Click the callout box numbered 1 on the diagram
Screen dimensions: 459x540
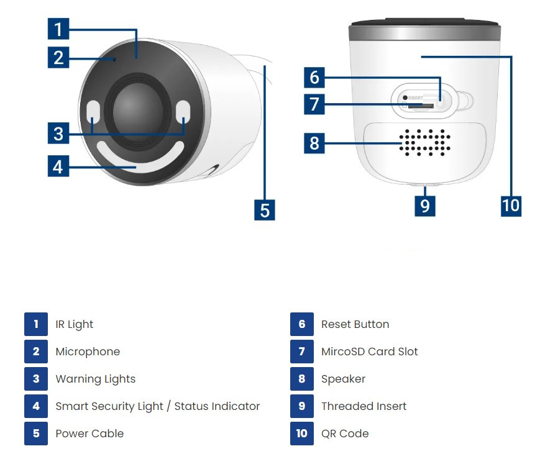click(x=58, y=29)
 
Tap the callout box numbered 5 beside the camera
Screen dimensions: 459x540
click(x=265, y=210)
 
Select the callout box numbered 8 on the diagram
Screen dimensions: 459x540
click(x=314, y=143)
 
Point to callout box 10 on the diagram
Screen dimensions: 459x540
click(x=511, y=206)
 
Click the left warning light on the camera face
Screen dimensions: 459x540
click(x=93, y=112)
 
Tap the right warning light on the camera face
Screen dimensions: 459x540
click(x=183, y=112)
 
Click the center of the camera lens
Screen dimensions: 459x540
click(x=138, y=111)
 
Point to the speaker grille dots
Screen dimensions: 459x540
click(x=425, y=143)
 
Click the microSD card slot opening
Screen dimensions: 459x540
click(x=420, y=106)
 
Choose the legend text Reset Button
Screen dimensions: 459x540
click(x=355, y=324)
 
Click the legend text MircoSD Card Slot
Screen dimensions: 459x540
click(x=369, y=352)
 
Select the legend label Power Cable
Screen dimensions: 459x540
click(x=89, y=434)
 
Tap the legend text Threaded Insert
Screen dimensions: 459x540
click(x=364, y=406)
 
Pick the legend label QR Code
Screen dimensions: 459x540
click(x=345, y=434)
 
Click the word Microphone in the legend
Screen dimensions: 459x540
click(x=88, y=352)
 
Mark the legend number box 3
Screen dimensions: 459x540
click(x=36, y=379)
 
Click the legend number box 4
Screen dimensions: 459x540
click(x=36, y=406)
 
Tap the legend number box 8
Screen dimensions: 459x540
click(x=302, y=379)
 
